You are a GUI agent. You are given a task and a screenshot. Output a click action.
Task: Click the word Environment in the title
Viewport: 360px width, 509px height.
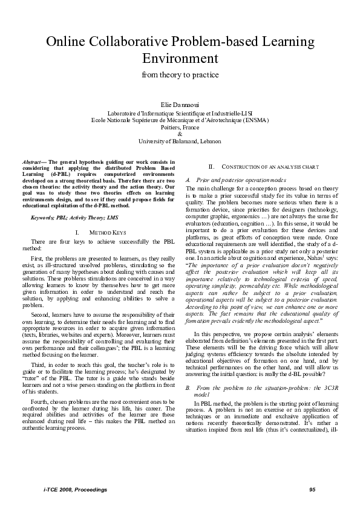click(x=180, y=59)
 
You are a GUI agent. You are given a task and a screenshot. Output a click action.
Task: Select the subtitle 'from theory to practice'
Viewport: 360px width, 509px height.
click(x=180, y=75)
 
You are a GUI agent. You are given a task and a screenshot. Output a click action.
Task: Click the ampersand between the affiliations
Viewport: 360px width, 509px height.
click(x=180, y=134)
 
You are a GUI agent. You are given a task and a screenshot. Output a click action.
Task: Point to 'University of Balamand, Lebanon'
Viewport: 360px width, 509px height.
click(x=180, y=141)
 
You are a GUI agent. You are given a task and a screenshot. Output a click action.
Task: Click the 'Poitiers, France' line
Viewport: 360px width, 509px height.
click(x=180, y=127)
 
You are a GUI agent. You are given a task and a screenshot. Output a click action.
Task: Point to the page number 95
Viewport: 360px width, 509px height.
click(x=312, y=489)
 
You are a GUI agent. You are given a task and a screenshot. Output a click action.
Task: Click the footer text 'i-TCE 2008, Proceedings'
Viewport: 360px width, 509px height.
click(x=70, y=489)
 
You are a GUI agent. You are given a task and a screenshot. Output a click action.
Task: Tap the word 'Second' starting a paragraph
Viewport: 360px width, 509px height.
click(x=40, y=314)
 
